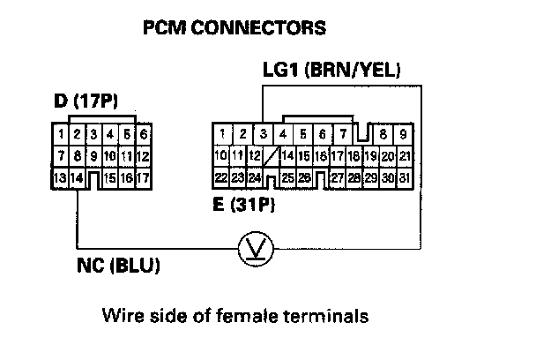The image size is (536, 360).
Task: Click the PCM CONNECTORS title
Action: (x=234, y=28)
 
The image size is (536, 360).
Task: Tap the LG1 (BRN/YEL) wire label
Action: (x=331, y=69)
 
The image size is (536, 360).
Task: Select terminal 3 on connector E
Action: (x=263, y=135)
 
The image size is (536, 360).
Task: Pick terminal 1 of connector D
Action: (x=60, y=135)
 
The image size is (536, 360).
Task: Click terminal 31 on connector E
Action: (x=404, y=177)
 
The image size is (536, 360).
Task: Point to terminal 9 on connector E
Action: (x=404, y=135)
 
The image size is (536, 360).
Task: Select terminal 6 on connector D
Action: (x=143, y=135)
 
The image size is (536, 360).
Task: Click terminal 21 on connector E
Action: (x=404, y=156)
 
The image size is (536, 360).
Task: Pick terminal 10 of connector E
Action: (x=223, y=156)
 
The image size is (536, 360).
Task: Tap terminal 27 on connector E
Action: (x=336, y=177)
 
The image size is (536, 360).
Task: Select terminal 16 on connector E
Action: (x=321, y=156)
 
